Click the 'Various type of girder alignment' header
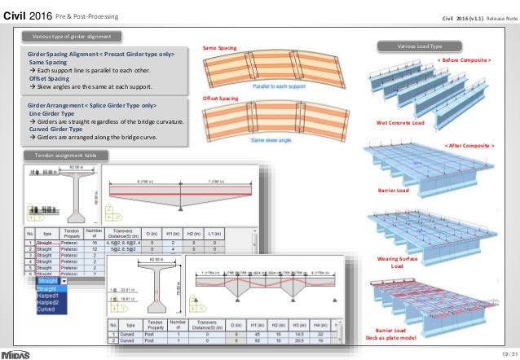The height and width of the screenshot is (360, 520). coord(72,36)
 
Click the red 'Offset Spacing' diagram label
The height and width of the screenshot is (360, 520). coord(220,98)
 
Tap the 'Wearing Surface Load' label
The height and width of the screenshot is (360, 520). coord(397,262)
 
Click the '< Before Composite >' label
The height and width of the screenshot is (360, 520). coord(465,59)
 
